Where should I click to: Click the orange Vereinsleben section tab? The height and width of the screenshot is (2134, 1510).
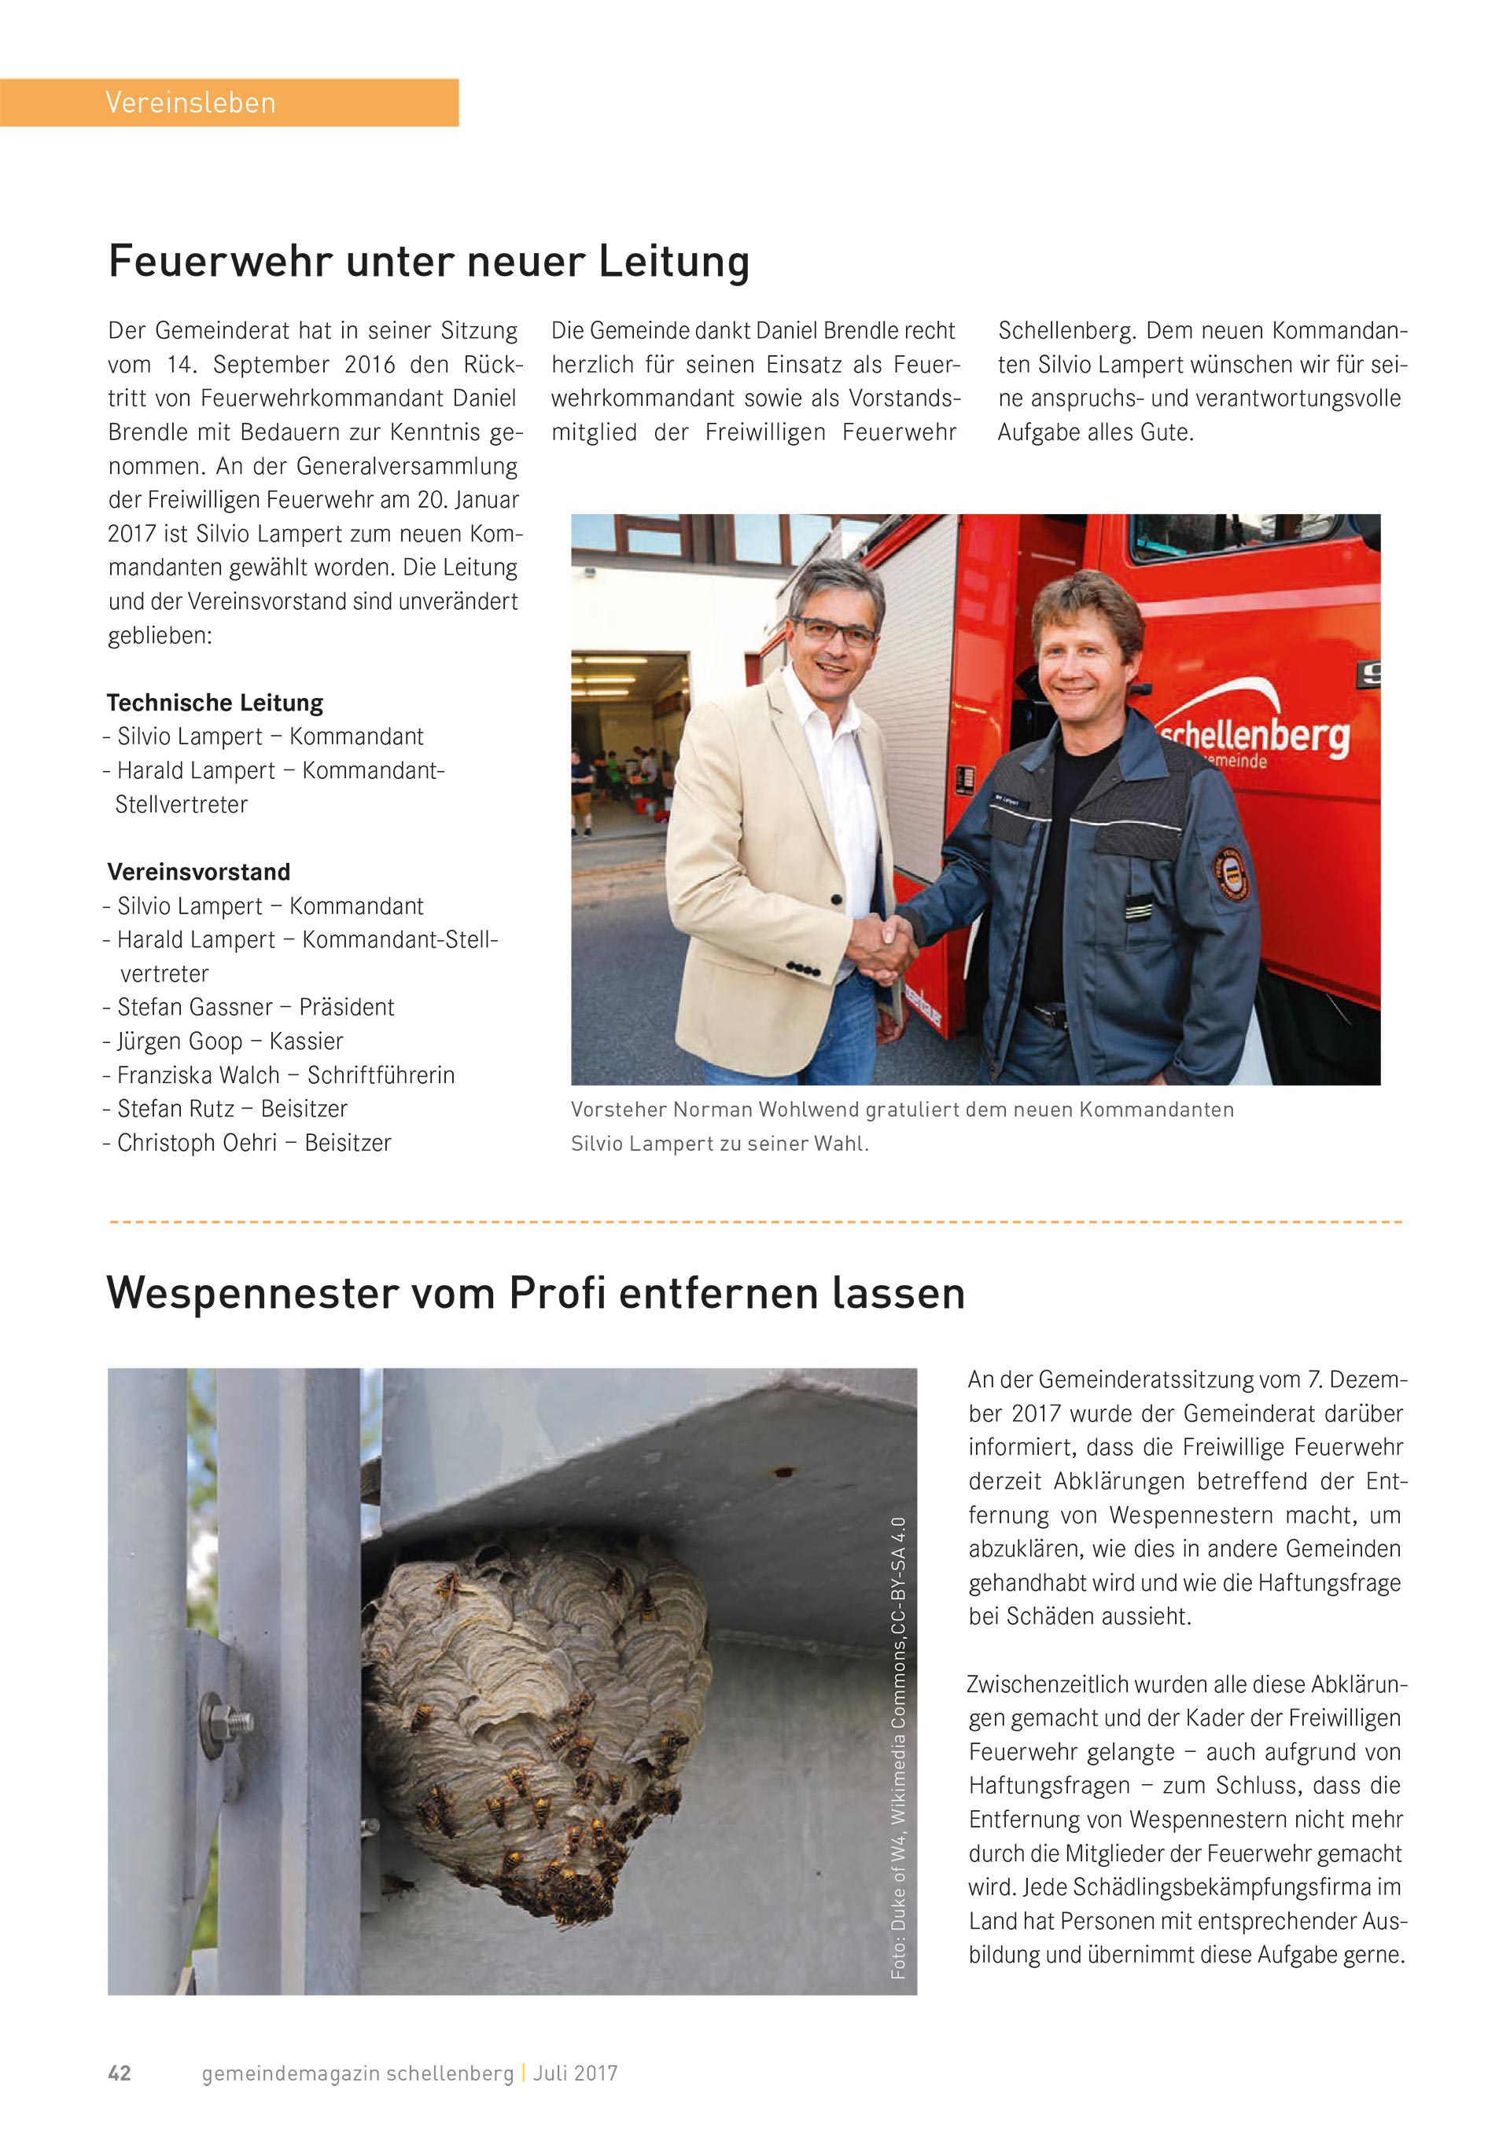pos(229,102)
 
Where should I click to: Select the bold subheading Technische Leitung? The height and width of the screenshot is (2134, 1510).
pos(215,703)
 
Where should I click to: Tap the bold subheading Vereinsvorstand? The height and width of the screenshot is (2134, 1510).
pos(199,872)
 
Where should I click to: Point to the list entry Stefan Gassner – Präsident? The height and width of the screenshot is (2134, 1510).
pos(255,1008)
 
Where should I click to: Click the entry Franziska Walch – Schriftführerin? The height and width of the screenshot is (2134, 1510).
pos(285,1075)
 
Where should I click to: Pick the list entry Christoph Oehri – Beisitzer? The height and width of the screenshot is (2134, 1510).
pos(254,1143)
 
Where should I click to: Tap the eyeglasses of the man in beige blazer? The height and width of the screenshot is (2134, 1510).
pos(834,632)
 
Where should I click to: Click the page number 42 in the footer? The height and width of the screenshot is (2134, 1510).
pos(120,2073)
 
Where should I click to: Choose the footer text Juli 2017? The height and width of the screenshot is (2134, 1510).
pos(576,2073)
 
